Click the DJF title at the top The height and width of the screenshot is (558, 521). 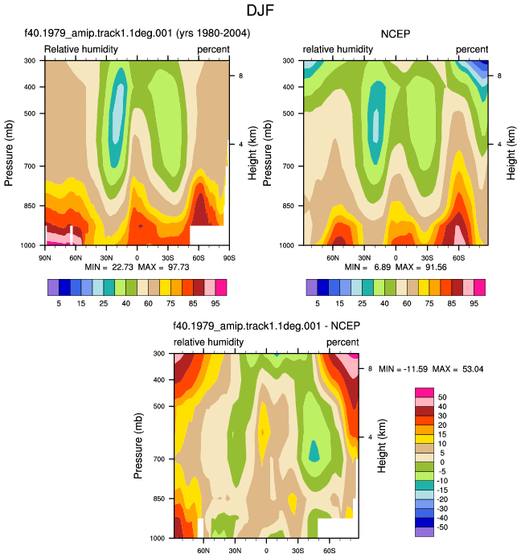(260, 10)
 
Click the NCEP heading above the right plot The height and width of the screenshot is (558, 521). (396, 34)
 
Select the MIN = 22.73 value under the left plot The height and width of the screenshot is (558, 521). (109, 267)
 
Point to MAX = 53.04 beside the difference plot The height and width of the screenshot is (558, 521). (457, 369)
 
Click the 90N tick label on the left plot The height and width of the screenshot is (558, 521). (44, 258)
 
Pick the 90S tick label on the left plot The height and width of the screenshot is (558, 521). (229, 258)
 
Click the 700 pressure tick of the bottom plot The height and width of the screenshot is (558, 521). (159, 459)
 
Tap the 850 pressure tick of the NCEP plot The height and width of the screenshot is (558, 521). (289, 206)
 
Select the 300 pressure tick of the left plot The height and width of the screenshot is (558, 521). (30, 61)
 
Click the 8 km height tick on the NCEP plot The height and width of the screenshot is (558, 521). (499, 76)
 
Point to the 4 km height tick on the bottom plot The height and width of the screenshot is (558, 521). (370, 437)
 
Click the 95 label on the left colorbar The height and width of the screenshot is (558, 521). (215, 304)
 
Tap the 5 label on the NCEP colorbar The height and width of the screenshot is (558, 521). (318, 304)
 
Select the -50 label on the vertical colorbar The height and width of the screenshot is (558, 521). (442, 527)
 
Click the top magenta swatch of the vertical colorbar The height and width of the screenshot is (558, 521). (425, 392)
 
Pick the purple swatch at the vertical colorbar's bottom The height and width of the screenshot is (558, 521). (425, 532)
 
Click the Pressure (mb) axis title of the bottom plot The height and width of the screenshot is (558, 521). (138, 445)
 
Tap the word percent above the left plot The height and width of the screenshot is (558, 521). (214, 50)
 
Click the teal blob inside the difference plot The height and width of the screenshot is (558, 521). (314, 452)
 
